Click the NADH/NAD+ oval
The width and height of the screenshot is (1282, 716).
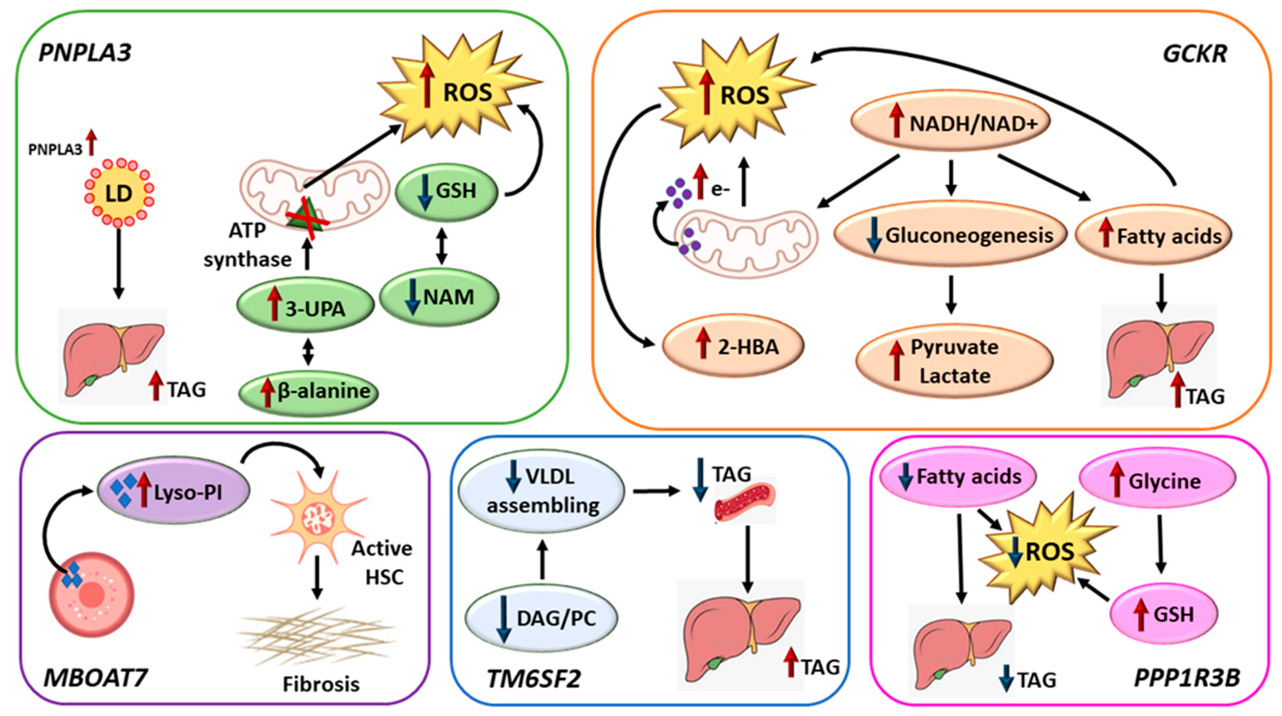[950, 121]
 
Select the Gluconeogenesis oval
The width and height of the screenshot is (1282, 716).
[950, 234]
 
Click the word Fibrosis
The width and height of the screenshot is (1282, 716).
[321, 684]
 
